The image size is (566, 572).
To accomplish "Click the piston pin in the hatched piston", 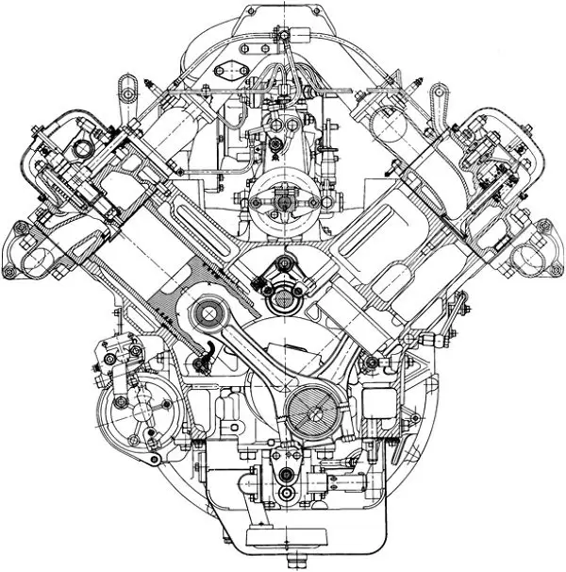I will click(x=202, y=311).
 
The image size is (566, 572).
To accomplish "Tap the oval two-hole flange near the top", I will click(x=226, y=69).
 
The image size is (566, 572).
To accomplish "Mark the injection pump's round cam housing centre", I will click(x=281, y=200).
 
